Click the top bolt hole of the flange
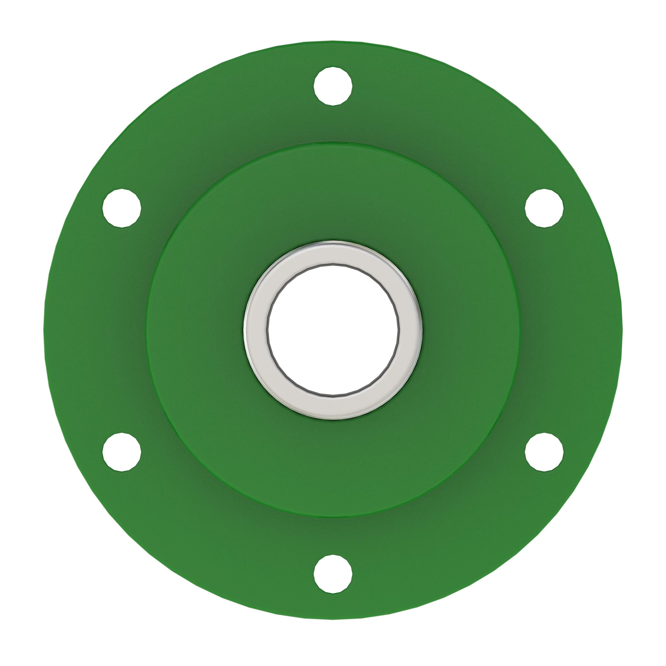tap(333, 86)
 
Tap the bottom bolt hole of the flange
tap(333, 574)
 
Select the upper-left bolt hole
tap(122, 208)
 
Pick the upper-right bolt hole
tap(544, 208)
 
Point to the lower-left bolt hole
tap(122, 452)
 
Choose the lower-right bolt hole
tap(544, 452)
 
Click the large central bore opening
tap(333, 330)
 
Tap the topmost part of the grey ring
tap(333, 253)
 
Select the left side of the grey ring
tap(255, 330)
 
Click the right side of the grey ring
tap(411, 330)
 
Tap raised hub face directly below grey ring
tap(333, 466)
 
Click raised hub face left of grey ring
tap(196, 330)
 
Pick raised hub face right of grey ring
tap(469, 330)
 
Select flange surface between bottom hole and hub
tap(333, 536)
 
